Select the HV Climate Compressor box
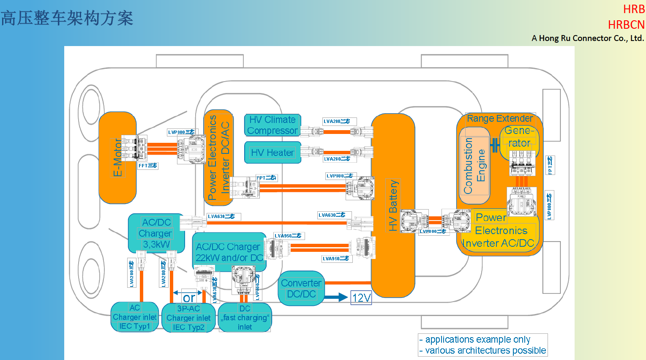(x=273, y=125)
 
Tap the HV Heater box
(x=273, y=153)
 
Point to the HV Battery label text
(x=393, y=205)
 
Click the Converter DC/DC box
(x=301, y=289)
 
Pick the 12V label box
(x=361, y=298)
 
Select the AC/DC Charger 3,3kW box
(x=156, y=233)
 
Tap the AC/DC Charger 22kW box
(x=229, y=252)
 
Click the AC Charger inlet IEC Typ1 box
(x=134, y=317)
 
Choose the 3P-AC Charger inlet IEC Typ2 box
(x=188, y=318)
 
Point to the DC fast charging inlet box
(x=245, y=318)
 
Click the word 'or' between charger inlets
(x=189, y=298)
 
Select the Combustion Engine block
(x=474, y=166)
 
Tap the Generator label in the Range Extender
(x=519, y=137)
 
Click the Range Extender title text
(x=500, y=118)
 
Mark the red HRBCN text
(x=626, y=25)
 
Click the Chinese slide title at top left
(x=67, y=18)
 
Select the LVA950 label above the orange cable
(x=288, y=236)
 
